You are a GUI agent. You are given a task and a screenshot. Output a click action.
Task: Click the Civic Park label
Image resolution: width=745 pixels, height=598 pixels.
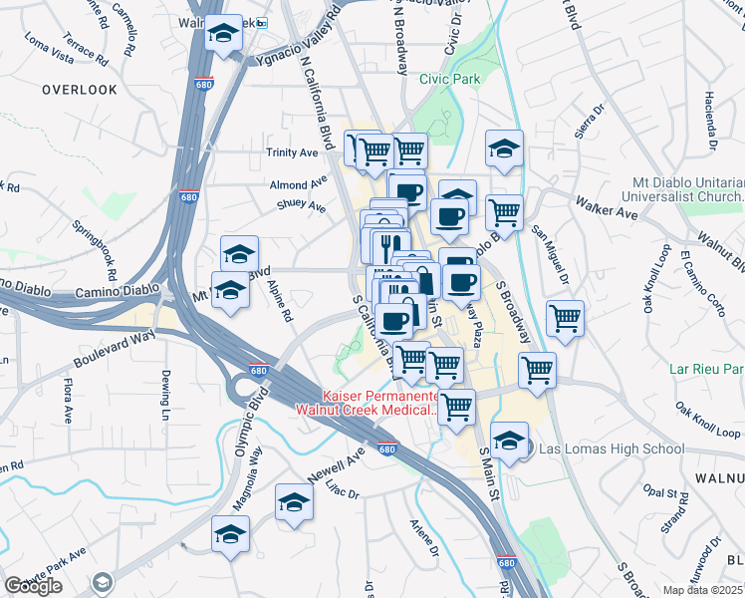(449, 79)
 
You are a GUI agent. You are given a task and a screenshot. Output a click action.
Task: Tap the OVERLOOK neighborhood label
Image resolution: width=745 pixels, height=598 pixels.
(80, 90)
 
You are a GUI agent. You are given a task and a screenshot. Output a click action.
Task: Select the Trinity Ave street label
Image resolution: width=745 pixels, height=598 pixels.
(291, 152)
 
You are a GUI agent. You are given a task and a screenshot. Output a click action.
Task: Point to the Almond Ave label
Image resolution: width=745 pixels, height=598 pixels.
(298, 184)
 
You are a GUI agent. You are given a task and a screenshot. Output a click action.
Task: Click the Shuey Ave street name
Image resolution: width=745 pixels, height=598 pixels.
(302, 206)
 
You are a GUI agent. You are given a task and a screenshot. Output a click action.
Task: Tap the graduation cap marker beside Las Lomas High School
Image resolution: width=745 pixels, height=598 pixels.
(509, 441)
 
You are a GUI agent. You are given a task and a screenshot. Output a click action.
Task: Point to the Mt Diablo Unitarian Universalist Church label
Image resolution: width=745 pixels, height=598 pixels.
(688, 189)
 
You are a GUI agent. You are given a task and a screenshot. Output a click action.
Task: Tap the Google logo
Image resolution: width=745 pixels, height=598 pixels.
(33, 586)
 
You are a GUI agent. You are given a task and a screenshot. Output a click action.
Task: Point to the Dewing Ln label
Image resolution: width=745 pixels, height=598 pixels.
(165, 395)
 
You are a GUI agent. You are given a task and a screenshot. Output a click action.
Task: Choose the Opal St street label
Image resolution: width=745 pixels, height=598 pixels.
(666, 493)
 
